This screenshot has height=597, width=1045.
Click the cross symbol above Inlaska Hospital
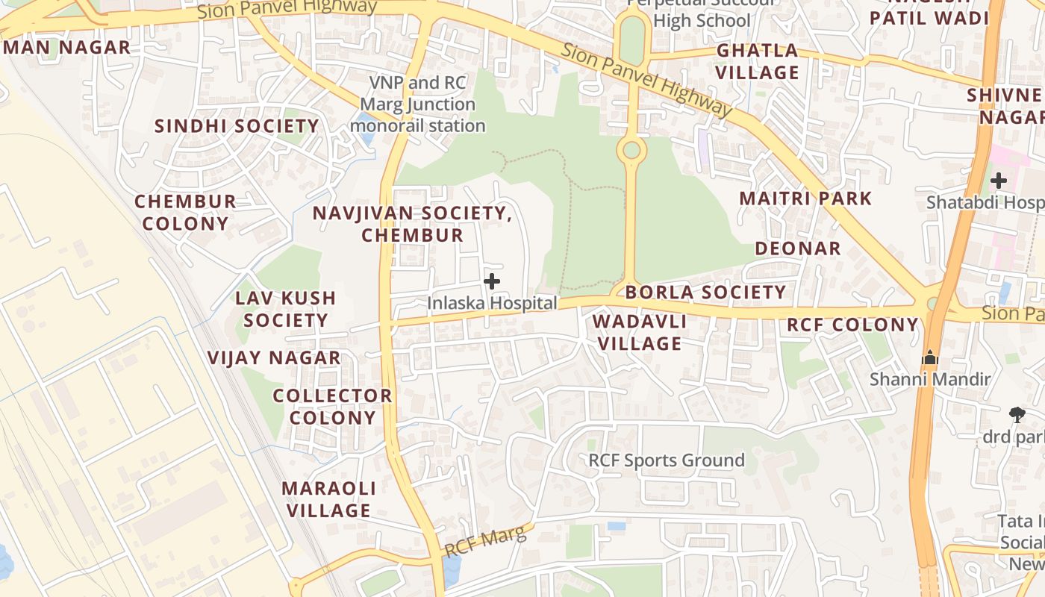pyautogui.click(x=492, y=281)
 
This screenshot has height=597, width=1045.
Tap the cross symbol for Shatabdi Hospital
pyautogui.click(x=999, y=180)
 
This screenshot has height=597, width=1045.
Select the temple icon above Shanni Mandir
pyautogui.click(x=929, y=358)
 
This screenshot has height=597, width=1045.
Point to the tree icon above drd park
pyautogui.click(x=1017, y=414)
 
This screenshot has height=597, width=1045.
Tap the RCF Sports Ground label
pyautogui.click(x=667, y=460)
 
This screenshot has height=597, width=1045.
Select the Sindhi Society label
pyautogui.click(x=237, y=125)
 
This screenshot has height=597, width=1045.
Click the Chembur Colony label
pyautogui.click(x=185, y=212)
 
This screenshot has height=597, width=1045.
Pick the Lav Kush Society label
pyautogui.click(x=285, y=309)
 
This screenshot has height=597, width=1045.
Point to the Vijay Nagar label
pyautogui.click(x=274, y=357)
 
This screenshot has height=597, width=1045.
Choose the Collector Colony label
pyautogui.click(x=332, y=406)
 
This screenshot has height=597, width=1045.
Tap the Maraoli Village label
pyautogui.click(x=328, y=499)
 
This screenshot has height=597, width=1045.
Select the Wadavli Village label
pyautogui.click(x=640, y=332)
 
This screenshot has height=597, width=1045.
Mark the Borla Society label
pyautogui.click(x=705, y=292)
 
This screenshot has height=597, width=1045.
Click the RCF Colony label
pyautogui.click(x=852, y=325)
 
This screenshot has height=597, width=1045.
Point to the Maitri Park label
pyautogui.click(x=805, y=199)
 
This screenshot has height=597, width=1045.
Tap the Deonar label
pyautogui.click(x=797, y=248)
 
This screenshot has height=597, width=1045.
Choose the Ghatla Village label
pyautogui.click(x=758, y=61)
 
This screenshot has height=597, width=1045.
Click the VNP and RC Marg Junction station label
pyautogui.click(x=418, y=104)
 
